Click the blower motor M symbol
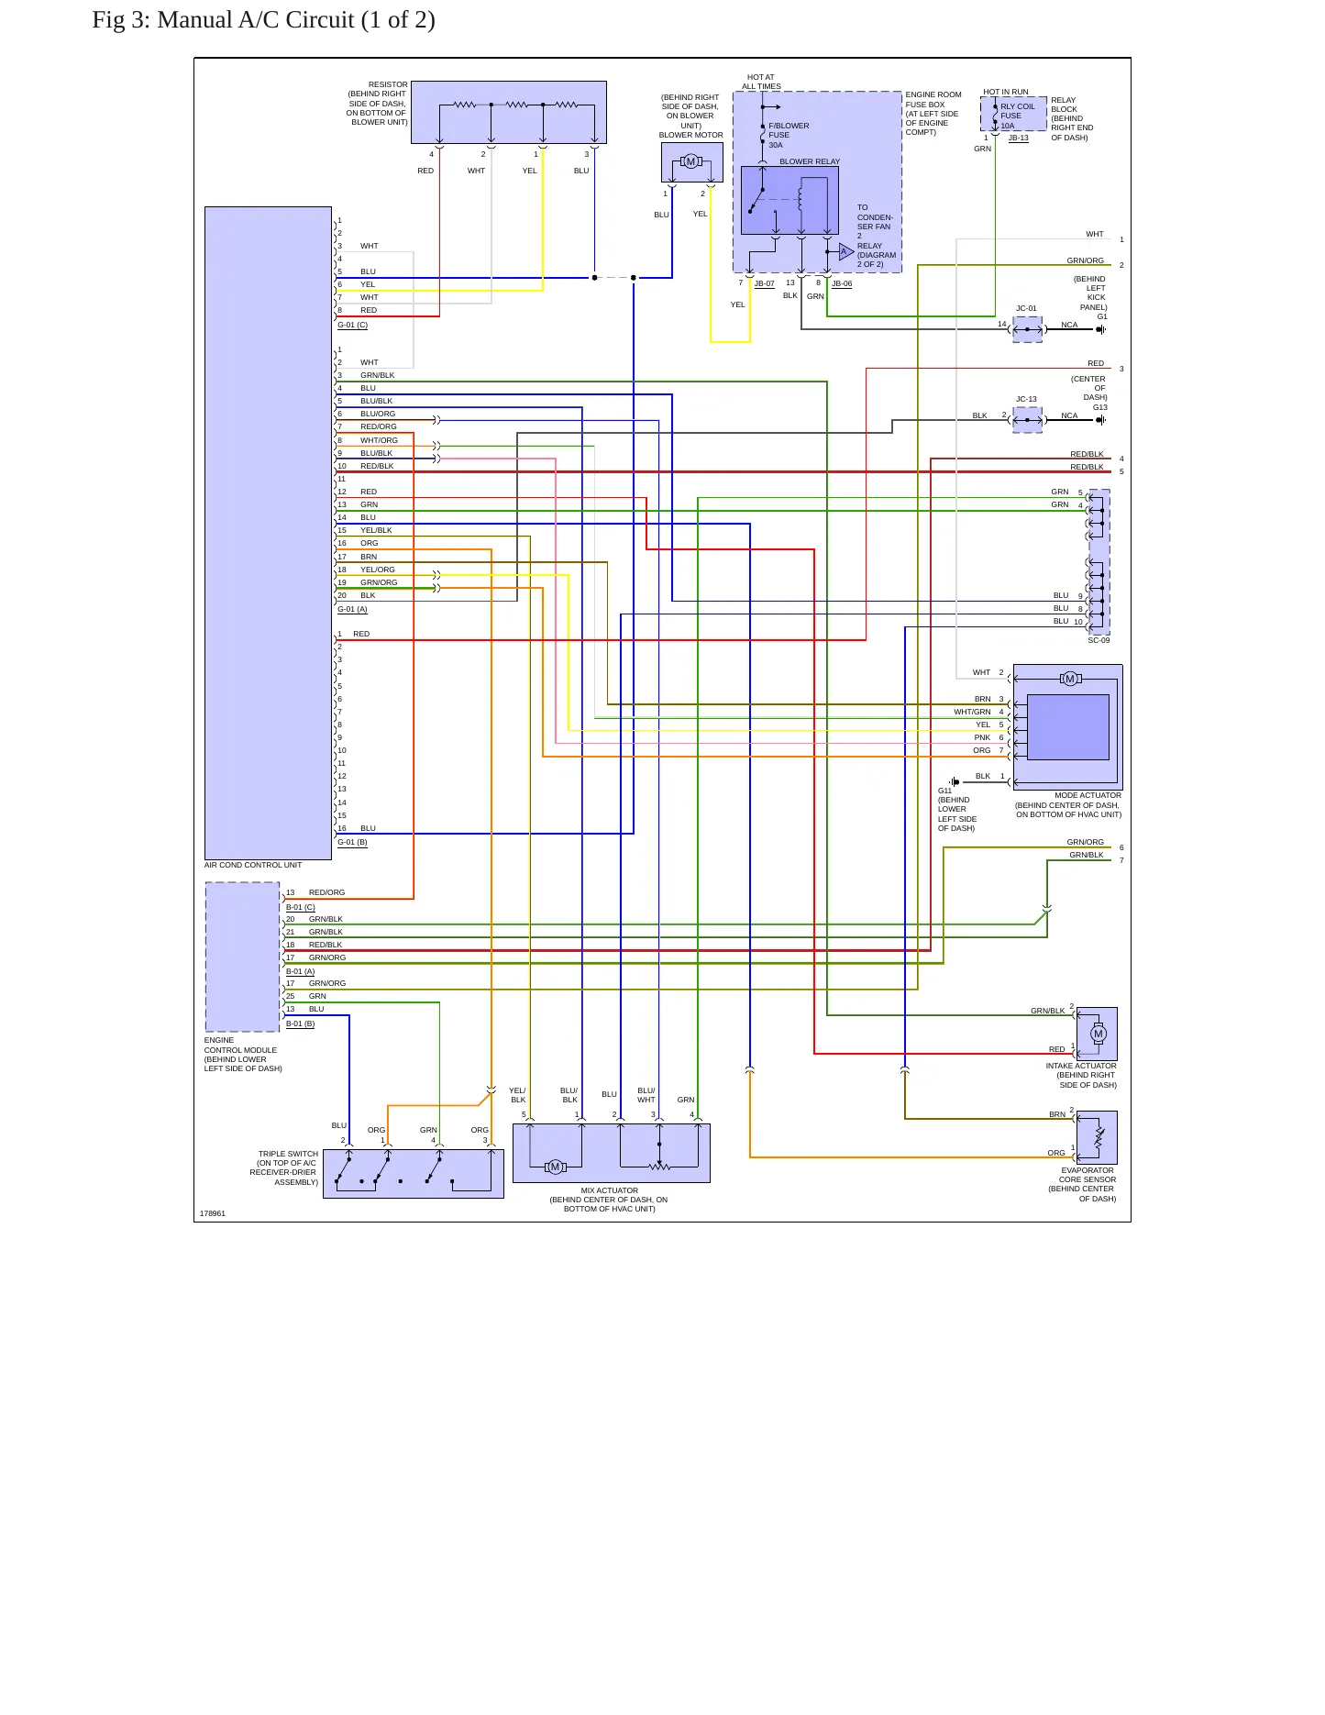click(691, 162)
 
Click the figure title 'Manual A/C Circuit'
click(256, 20)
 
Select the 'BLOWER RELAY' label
click(810, 161)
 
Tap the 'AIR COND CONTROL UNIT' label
click(253, 865)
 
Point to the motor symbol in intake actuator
click(1099, 1034)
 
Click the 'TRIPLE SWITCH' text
click(288, 1154)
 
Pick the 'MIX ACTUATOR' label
click(610, 1190)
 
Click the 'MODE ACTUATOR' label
click(1088, 795)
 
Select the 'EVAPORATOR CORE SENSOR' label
click(1088, 1175)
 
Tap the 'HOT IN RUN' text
click(1006, 92)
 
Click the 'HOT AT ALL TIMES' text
click(761, 82)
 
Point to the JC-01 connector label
click(1026, 309)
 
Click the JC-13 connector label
click(1026, 400)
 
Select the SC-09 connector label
click(1099, 640)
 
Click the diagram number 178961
click(213, 1213)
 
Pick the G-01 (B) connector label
click(352, 842)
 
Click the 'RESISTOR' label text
click(388, 84)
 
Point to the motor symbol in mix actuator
click(555, 1167)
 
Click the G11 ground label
click(944, 791)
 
